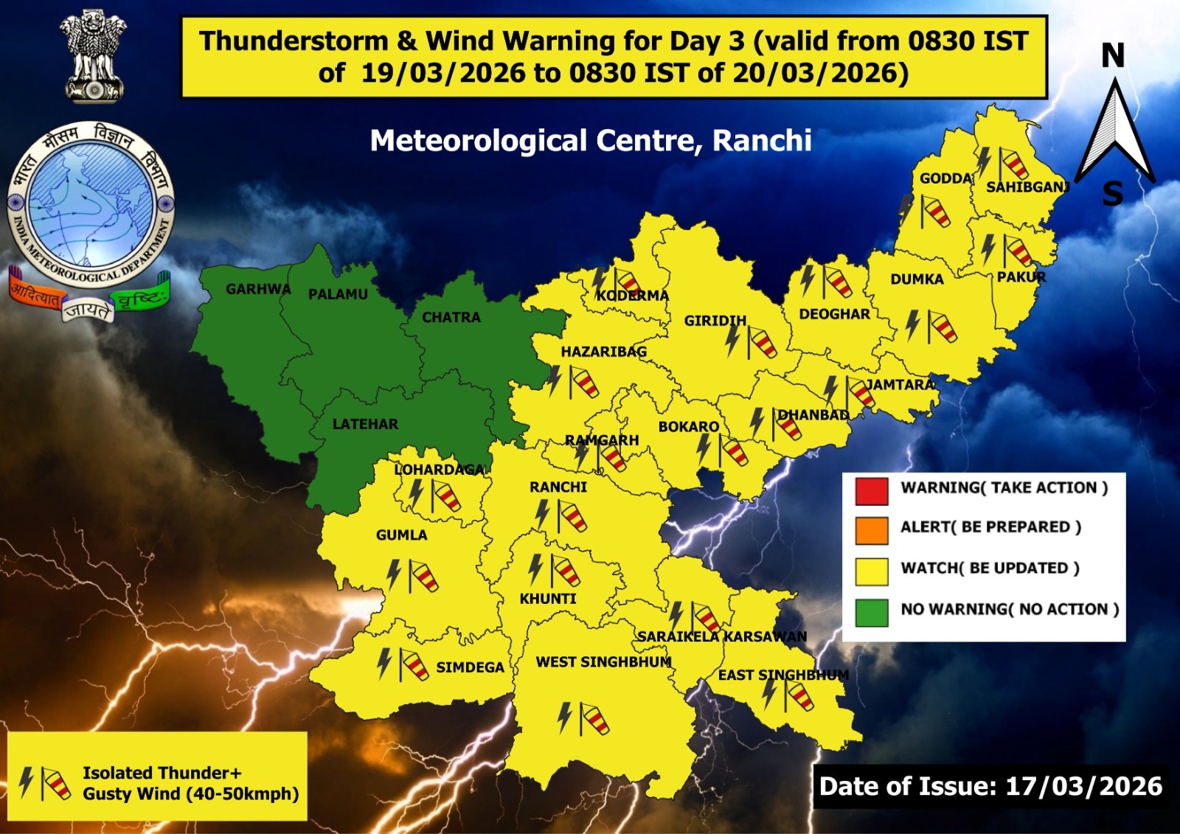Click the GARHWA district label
258,289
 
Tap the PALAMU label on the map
338,294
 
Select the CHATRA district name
451,317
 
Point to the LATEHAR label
365,424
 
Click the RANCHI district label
558,487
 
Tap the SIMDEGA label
470,667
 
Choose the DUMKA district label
917,279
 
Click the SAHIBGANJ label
1027,187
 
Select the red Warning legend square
871,491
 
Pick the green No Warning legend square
871,612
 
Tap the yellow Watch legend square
871,571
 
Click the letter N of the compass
1113,56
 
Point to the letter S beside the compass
1112,195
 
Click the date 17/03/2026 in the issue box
1083,786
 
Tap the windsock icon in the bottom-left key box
55,783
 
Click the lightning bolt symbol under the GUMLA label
394,574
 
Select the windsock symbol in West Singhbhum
594,720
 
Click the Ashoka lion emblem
94,55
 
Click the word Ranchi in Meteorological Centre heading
762,140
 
